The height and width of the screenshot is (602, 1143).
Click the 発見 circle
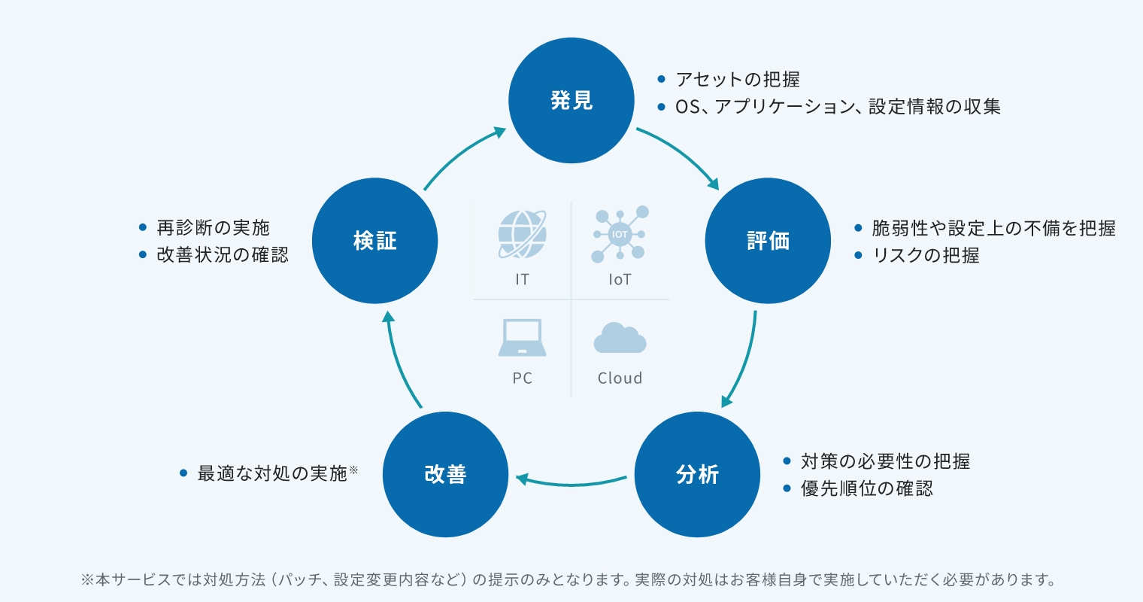(571, 100)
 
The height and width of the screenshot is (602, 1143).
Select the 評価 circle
(768, 241)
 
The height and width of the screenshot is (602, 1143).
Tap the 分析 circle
(697, 474)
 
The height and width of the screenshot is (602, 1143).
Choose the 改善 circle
(445, 474)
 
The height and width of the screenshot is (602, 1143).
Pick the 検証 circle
(374, 241)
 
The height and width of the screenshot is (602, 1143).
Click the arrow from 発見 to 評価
(681, 154)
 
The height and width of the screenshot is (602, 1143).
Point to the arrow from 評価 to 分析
(744, 361)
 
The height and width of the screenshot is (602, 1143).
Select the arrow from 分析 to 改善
(571, 482)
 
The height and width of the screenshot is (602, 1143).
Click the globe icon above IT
(522, 235)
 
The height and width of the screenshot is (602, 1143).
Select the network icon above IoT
(620, 234)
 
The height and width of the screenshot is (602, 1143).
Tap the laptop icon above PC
(522, 337)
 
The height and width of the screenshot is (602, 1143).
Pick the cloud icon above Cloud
(620, 338)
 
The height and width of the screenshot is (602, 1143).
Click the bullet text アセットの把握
(737, 79)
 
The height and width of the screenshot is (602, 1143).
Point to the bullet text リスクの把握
(926, 255)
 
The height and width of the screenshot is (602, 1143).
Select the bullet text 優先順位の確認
(867, 488)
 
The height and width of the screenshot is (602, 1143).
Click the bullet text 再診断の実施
(213, 227)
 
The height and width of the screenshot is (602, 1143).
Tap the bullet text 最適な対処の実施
(272, 473)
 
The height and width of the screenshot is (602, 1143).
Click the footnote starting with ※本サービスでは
(568, 580)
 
